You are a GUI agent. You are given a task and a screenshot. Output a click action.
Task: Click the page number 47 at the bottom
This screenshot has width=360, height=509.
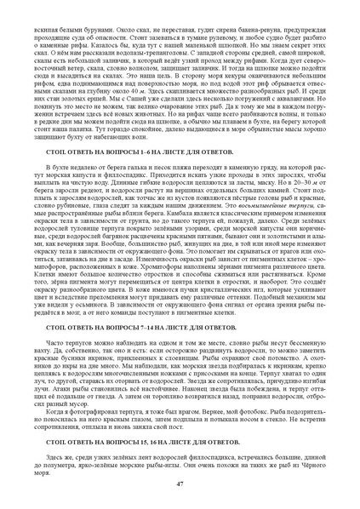[x=180, y=483]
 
